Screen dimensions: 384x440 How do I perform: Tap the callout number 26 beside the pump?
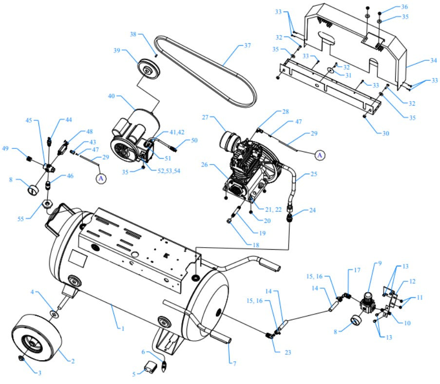(205, 165)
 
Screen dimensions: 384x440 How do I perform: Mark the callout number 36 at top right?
(404, 7)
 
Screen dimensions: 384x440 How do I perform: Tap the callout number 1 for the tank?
(123, 329)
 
